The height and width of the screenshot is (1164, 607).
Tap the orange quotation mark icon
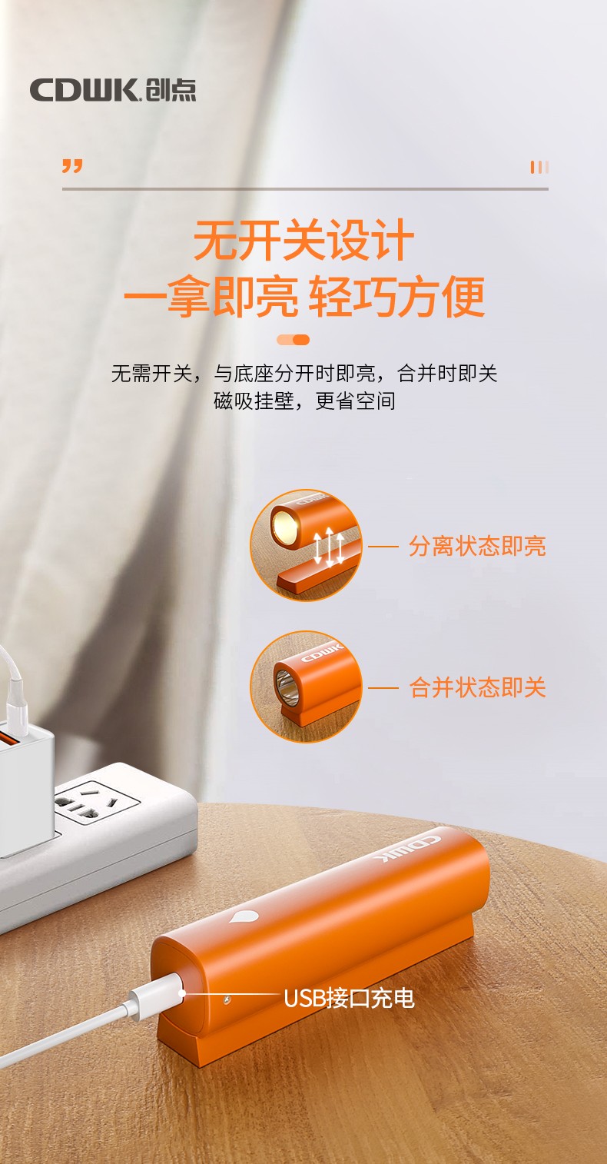72,166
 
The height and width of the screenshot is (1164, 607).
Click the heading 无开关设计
303,240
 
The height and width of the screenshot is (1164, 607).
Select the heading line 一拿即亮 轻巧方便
303,296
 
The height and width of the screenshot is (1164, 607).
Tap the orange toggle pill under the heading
293,340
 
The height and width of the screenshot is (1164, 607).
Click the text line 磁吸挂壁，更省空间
304,401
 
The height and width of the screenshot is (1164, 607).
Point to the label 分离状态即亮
477,546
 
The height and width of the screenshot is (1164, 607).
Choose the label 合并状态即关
477,687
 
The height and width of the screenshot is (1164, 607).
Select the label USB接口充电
349,998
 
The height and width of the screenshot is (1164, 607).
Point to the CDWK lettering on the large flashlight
407,849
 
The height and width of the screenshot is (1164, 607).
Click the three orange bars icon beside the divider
539,167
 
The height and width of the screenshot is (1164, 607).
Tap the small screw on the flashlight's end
227,998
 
